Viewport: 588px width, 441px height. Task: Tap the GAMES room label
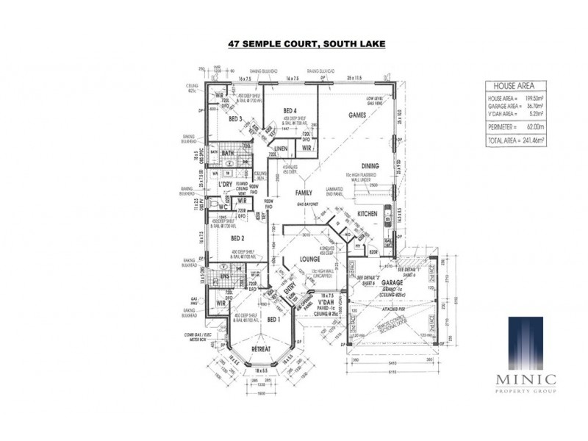(x=357, y=116)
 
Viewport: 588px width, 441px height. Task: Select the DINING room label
(x=369, y=166)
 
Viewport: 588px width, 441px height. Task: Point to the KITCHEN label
(x=367, y=213)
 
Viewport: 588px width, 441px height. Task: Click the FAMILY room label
(x=304, y=192)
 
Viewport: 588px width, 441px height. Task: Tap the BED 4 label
(x=290, y=111)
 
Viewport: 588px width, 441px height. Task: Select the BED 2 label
(x=237, y=239)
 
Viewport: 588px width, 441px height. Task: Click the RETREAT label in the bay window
(x=262, y=348)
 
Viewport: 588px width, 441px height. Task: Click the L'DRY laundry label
(x=236, y=184)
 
